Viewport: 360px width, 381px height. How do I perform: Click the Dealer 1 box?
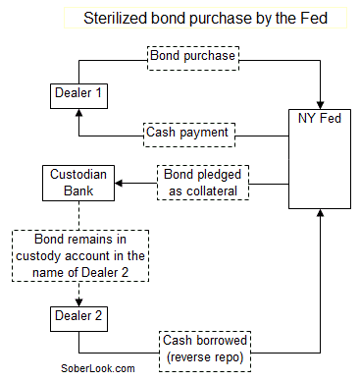click(x=79, y=95)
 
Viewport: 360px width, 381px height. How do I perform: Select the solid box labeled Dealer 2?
click(x=79, y=317)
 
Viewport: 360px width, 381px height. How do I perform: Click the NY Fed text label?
click(x=320, y=118)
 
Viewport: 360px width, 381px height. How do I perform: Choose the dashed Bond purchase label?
click(x=193, y=56)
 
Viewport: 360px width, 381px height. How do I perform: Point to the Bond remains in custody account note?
click(x=80, y=256)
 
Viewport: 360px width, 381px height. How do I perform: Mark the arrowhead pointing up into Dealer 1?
click(x=79, y=114)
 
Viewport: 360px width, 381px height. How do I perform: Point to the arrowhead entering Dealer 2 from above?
click(x=79, y=300)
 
